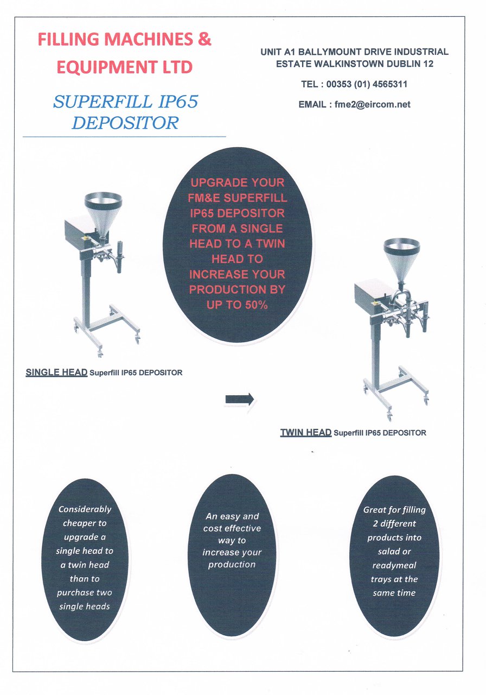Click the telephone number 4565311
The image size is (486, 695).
[x=390, y=84]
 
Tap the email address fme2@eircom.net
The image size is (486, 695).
[x=372, y=105]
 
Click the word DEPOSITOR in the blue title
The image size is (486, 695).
[x=125, y=123]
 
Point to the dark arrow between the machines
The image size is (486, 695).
[x=240, y=399]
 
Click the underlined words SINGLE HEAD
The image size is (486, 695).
[x=56, y=372]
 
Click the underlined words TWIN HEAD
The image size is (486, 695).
[x=306, y=432]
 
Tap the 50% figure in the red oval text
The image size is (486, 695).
[x=257, y=305]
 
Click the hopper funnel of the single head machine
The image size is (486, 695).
[x=103, y=214]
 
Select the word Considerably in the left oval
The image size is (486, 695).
[x=85, y=509]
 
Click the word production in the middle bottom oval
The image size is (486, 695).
[x=232, y=564]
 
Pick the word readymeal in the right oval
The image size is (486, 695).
[x=394, y=565]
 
